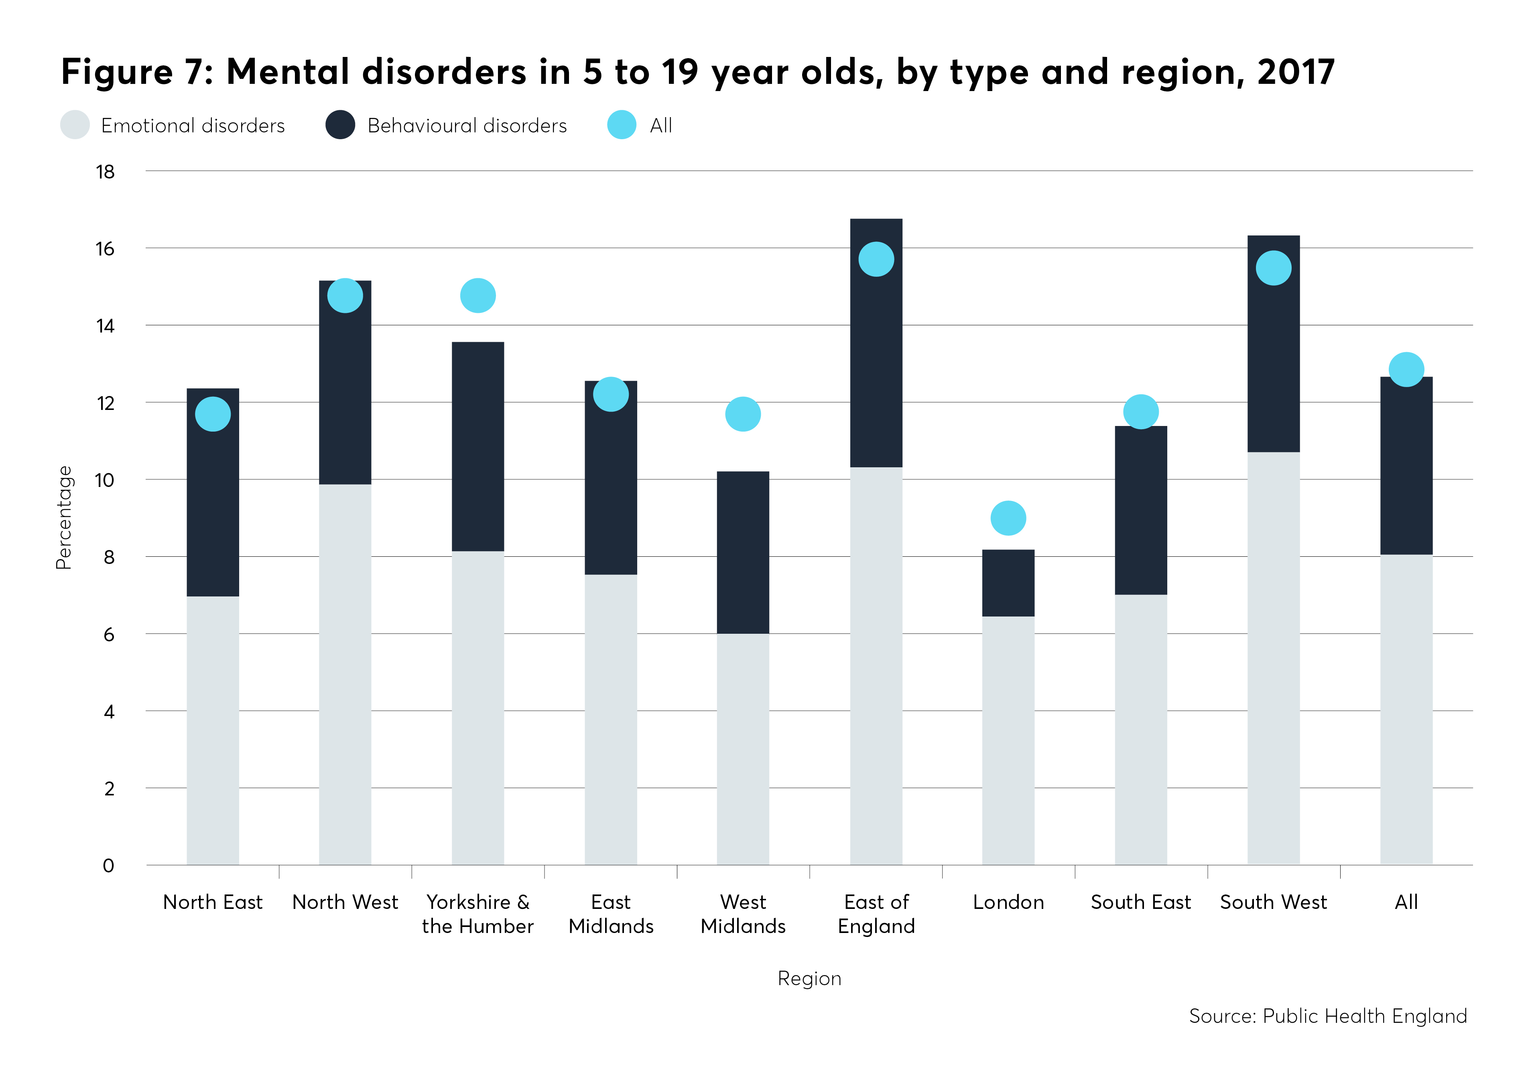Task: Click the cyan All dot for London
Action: click(x=1008, y=518)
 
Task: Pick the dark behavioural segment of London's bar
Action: click(x=1008, y=583)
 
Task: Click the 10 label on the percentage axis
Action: click(x=105, y=480)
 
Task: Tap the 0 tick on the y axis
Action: click(x=108, y=866)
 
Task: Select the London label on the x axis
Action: click(x=1008, y=902)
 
